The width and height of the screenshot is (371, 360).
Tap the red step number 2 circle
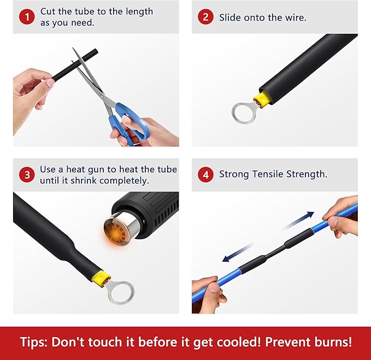[205, 17]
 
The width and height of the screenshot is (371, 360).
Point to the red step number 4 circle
[205, 175]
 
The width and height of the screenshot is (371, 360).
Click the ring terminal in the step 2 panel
[243, 111]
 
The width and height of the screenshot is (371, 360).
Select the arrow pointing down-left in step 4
[233, 256]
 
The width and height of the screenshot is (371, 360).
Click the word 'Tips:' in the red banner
[36, 342]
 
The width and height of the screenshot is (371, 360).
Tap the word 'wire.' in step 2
[295, 17]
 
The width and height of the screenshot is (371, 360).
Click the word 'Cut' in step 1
[48, 11]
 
